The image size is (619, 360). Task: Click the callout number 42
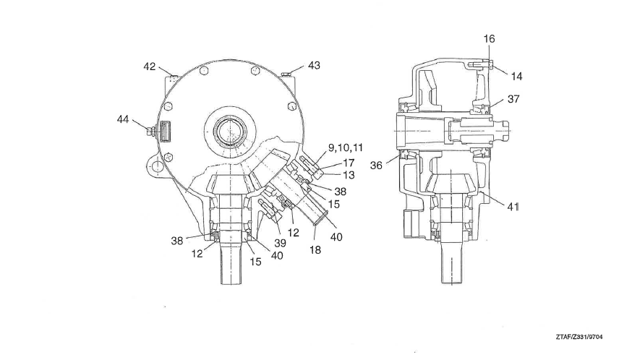click(x=149, y=67)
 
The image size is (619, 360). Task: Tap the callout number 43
click(x=314, y=65)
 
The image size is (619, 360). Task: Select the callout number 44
click(x=123, y=119)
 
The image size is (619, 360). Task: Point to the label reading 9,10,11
click(x=345, y=147)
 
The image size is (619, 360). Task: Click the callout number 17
click(x=349, y=163)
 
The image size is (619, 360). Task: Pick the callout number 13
click(x=349, y=174)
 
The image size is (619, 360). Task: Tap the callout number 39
click(x=280, y=243)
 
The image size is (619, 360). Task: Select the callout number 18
click(x=315, y=250)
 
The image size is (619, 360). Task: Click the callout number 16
click(x=489, y=39)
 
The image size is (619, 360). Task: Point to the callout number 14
click(x=516, y=77)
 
